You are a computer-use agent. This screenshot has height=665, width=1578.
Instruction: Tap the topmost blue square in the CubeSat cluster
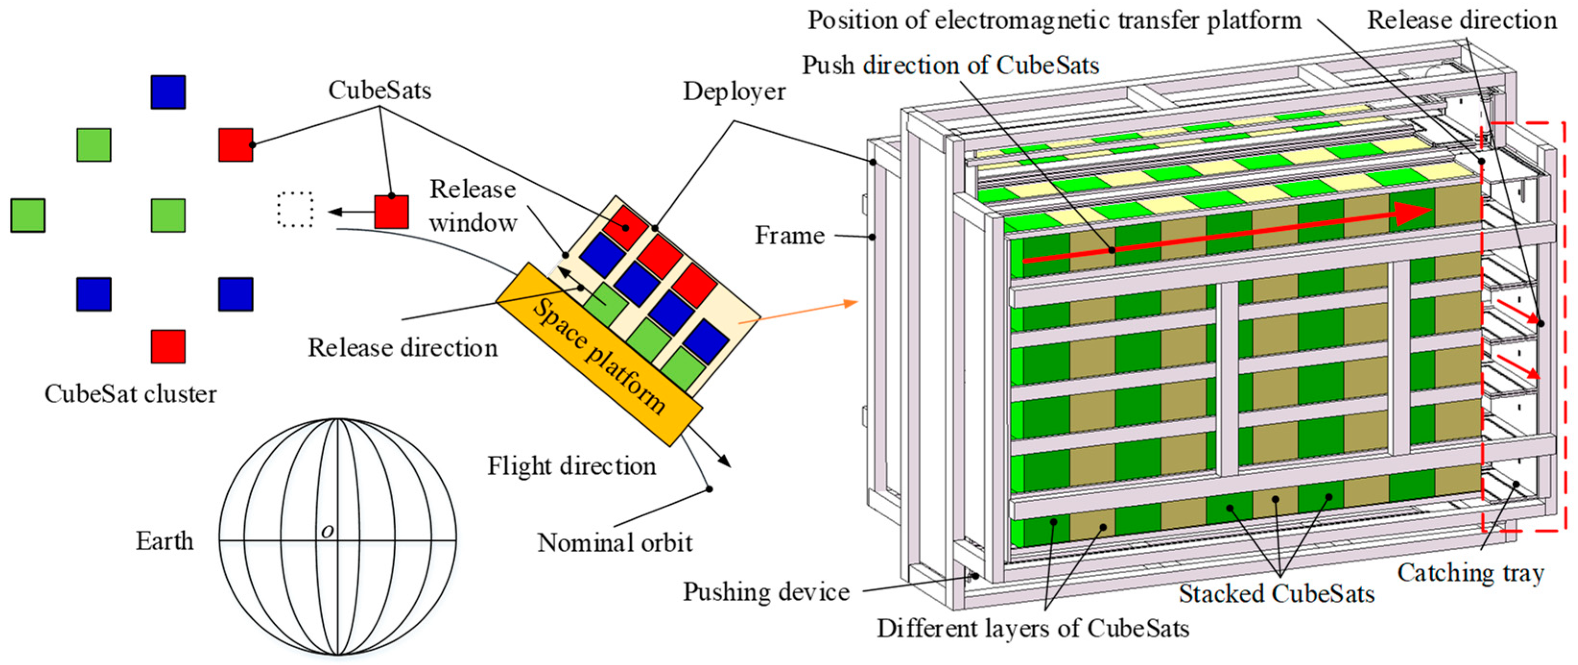point(168,93)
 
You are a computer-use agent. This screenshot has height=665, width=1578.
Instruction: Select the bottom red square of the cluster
point(168,346)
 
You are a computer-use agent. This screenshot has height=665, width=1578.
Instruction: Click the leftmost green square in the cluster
point(27,215)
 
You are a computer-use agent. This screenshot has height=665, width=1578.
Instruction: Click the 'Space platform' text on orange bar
point(599,356)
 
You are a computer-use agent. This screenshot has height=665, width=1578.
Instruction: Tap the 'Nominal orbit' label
point(614,543)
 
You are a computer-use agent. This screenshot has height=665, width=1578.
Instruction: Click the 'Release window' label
point(472,206)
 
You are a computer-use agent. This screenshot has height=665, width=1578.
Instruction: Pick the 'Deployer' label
point(734,92)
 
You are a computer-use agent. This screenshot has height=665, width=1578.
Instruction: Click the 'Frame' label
point(789,236)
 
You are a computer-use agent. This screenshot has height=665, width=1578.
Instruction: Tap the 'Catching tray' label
point(1470,573)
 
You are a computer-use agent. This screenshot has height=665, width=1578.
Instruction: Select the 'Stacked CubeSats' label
point(1277,594)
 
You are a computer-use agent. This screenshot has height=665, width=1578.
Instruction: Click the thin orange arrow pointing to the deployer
point(796,312)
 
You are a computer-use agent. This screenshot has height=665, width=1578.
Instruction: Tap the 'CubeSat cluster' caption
point(130,393)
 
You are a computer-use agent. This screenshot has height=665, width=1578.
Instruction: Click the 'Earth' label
point(164,541)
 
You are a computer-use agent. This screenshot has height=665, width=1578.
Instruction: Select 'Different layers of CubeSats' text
point(1033,628)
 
